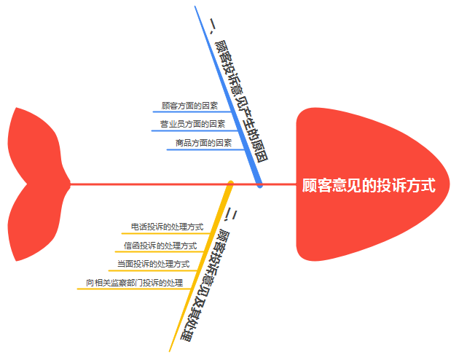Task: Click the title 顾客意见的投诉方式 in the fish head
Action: click(x=369, y=186)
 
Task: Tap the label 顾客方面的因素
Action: click(x=189, y=106)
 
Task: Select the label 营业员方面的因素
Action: click(x=192, y=125)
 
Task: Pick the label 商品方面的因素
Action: click(x=203, y=144)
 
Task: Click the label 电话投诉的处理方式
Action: click(x=167, y=227)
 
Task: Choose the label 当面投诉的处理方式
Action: click(x=153, y=264)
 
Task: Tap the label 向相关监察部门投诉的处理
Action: click(x=134, y=283)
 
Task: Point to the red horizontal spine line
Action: click(x=146, y=184)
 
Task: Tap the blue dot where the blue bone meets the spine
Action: click(x=260, y=184)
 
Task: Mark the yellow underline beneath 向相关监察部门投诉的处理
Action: click(x=134, y=289)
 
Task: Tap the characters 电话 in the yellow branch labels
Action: click(x=138, y=227)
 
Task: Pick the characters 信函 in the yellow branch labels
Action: click(x=131, y=246)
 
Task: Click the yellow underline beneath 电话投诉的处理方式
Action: click(x=167, y=234)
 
